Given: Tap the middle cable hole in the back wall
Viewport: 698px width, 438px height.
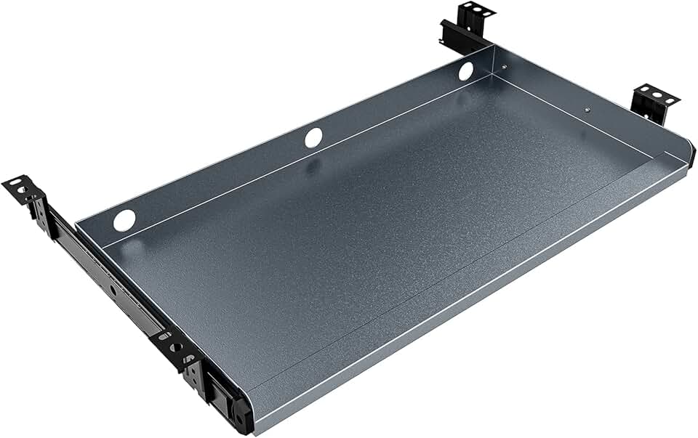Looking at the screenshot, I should tap(313, 137).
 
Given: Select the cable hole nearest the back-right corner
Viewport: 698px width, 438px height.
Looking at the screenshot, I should tap(465, 70).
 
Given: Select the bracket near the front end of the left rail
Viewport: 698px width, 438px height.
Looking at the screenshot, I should tap(174, 347).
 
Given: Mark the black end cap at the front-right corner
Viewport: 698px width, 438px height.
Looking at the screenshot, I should tap(691, 154).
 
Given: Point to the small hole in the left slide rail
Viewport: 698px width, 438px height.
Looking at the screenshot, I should tap(113, 288).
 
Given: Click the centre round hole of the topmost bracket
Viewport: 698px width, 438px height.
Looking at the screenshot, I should tap(478, 10).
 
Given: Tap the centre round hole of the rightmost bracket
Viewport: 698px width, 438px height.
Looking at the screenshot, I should tap(657, 94).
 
